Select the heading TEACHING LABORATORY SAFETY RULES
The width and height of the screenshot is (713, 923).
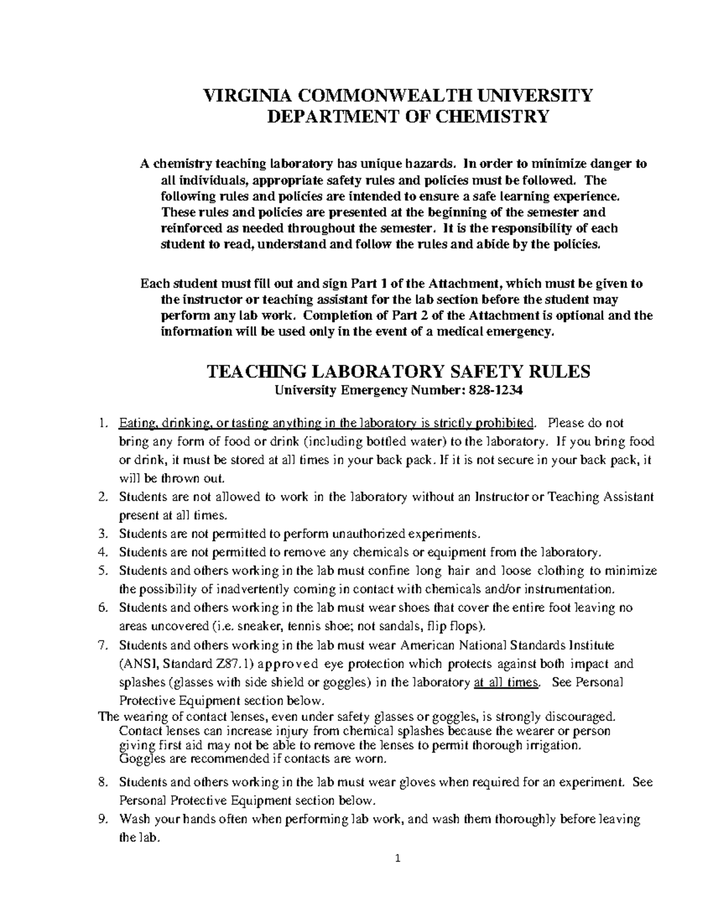[x=397, y=371]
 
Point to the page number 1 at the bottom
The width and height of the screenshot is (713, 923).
[x=398, y=858]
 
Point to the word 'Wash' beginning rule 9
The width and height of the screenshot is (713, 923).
[x=134, y=819]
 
